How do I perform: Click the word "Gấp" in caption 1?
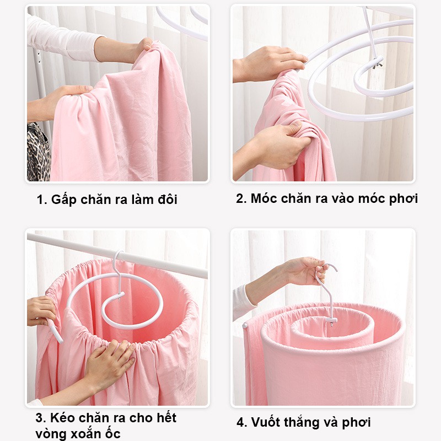pos(64,200)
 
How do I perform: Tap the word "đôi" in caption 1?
pos(168,199)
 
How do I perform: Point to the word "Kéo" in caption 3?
pos(62,417)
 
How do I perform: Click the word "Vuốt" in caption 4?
pos(265,422)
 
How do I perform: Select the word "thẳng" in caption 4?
pos(300,423)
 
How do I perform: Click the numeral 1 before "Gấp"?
pos(40,200)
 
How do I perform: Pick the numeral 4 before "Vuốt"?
pos(241,422)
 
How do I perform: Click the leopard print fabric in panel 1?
pos(38,152)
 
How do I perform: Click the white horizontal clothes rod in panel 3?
pos(117,255)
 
